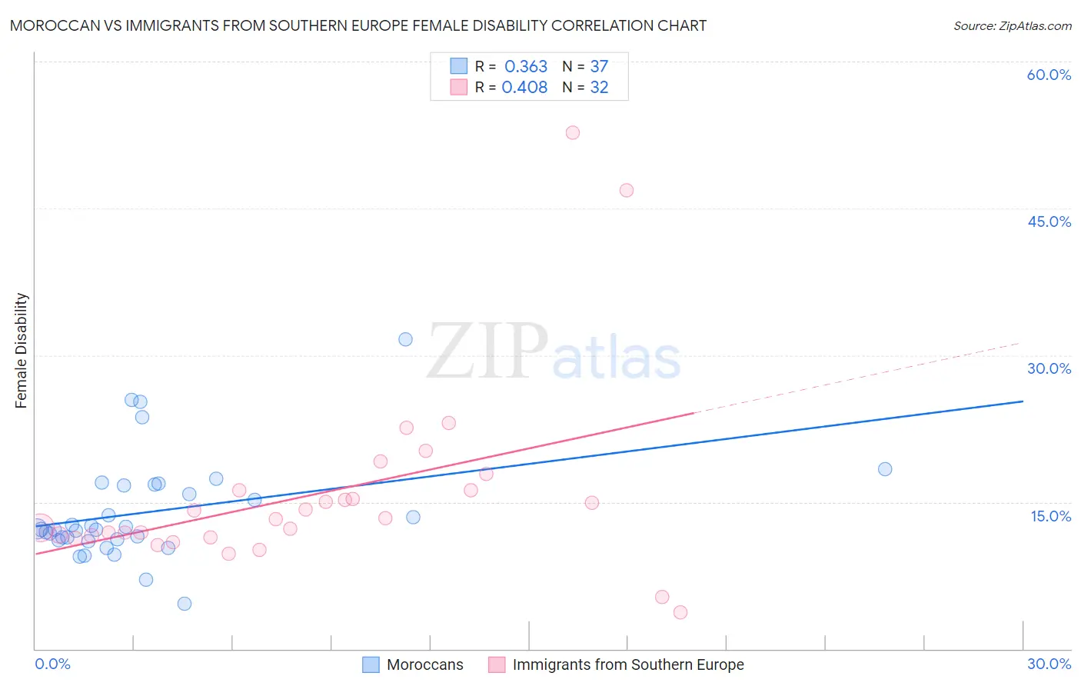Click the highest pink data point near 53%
tap(572, 132)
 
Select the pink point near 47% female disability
tap(626, 190)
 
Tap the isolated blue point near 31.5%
tap(405, 339)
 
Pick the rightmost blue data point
tap(884, 469)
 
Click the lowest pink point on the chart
tap(680, 612)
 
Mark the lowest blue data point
tap(184, 604)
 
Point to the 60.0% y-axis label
tap(1049, 75)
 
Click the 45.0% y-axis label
tap(1049, 221)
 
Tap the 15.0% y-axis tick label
tap(1050, 516)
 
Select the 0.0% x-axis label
tap(52, 664)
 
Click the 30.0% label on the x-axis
tap(1049, 664)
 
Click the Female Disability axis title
tap(22, 350)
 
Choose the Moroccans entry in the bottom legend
tap(424, 664)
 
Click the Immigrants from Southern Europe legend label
tap(627, 664)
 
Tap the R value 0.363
tap(526, 67)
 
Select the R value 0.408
tap(524, 88)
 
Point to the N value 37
tap(599, 67)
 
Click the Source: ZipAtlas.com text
tap(1012, 26)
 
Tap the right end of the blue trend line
tap(1023, 401)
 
